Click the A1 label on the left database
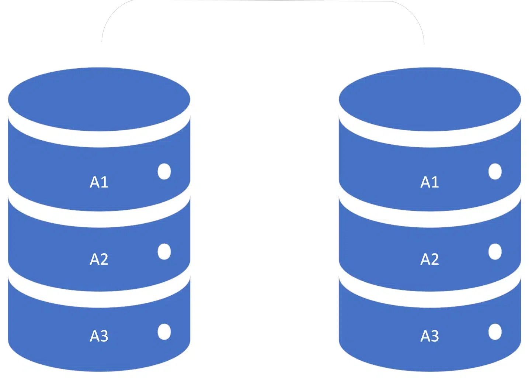[x=99, y=182]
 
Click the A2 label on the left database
[x=99, y=259]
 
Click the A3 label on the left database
[x=99, y=336]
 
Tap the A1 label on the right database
[x=429, y=182]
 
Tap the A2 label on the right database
[x=429, y=259]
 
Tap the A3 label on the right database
[x=429, y=336]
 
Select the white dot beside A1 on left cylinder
[x=164, y=171]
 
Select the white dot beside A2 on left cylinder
[x=164, y=251]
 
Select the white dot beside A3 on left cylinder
[x=164, y=331]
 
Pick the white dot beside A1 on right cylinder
[x=495, y=171]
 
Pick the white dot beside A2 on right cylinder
[x=495, y=251]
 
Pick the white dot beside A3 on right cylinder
[x=495, y=331]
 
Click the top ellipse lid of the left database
[x=99, y=99]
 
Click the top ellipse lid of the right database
[x=429, y=99]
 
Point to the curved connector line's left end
[x=102, y=41]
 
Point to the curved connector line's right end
[x=424, y=43]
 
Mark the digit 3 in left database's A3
[x=104, y=336]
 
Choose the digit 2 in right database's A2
[x=435, y=259]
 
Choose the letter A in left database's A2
[x=94, y=259]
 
